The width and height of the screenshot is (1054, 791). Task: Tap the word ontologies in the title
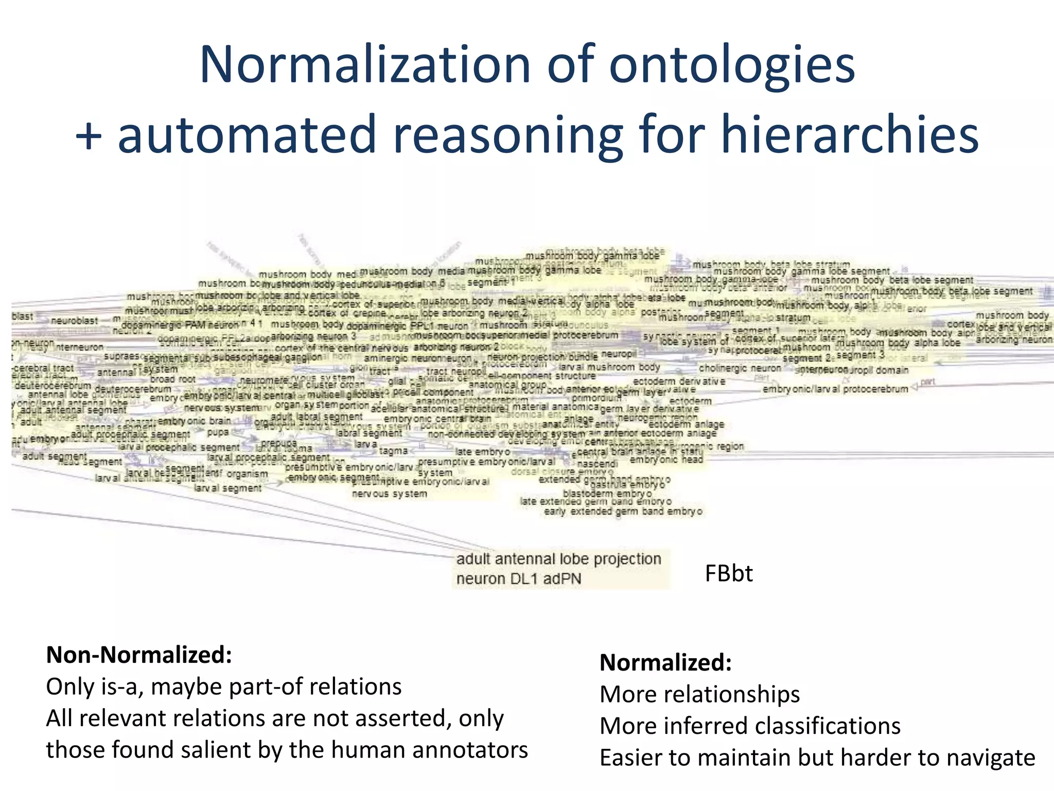[731, 65]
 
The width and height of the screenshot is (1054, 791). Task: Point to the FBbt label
[728, 573]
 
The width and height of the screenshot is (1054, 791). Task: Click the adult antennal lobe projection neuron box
[560, 569]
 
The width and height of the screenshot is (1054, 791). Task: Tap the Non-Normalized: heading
[139, 655]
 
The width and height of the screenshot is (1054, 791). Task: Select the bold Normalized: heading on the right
[665, 663]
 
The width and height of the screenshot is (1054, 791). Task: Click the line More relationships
[699, 694]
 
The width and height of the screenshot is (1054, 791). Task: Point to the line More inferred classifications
[750, 726]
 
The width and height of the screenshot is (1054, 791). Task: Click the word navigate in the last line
[991, 758]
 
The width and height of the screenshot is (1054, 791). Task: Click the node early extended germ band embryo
[623, 511]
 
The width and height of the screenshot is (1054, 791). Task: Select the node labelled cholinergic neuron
[740, 368]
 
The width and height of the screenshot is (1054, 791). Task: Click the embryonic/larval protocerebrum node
[835, 389]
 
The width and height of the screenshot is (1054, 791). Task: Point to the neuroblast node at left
[74, 321]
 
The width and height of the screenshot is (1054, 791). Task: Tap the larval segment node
[228, 488]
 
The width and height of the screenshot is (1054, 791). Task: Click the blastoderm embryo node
[607, 493]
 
